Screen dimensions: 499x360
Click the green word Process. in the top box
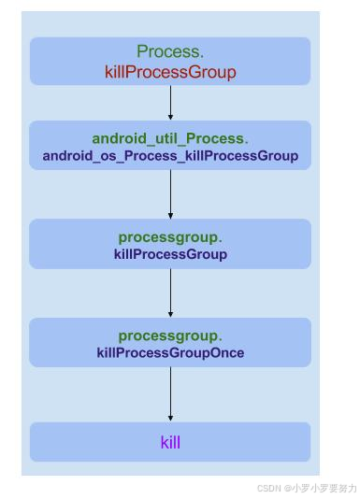(170, 52)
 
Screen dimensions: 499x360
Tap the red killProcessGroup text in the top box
(170, 72)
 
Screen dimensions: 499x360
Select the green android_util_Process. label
(170, 138)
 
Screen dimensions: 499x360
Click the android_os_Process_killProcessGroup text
(170, 156)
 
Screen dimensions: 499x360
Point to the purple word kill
(170, 442)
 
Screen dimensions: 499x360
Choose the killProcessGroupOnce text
(170, 353)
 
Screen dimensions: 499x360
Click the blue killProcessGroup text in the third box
(170, 254)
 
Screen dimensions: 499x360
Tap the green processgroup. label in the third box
(170, 237)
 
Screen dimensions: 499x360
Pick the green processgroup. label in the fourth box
(170, 335)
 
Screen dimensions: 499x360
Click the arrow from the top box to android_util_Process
(170, 103)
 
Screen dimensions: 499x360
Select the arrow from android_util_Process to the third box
(170, 193)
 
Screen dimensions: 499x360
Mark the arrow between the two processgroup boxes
(170, 292)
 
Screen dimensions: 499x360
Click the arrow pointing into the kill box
(170, 393)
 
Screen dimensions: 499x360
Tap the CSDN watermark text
(269, 488)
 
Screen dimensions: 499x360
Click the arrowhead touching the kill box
(170, 418)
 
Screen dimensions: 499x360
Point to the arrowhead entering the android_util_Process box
(170, 117)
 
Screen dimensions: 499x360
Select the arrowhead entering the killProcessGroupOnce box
(170, 314)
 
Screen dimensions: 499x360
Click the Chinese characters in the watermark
(324, 488)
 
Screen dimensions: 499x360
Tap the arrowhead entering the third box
(170, 215)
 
